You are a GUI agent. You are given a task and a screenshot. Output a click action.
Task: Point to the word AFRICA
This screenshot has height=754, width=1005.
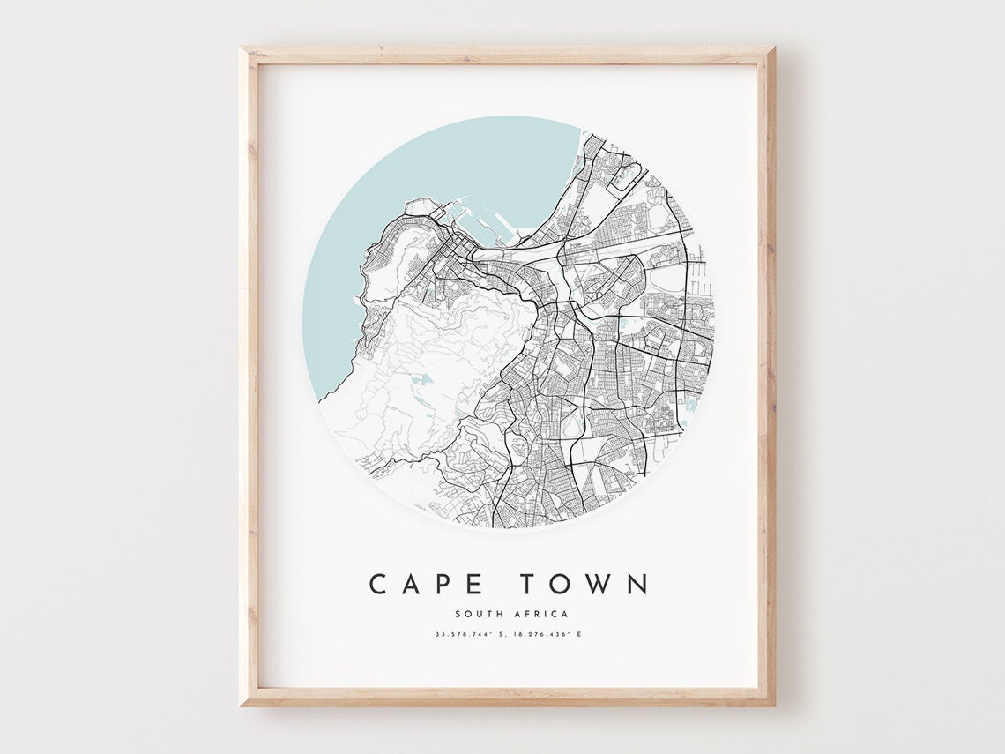click(x=541, y=614)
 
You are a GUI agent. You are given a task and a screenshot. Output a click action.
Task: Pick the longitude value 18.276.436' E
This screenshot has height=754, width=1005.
click(x=544, y=634)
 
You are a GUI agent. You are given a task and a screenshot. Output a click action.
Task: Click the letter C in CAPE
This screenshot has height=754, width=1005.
click(x=379, y=584)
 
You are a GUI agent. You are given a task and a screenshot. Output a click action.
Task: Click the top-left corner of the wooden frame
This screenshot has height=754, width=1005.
click(x=242, y=49)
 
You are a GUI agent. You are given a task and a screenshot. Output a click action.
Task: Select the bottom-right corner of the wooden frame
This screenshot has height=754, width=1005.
click(x=773, y=705)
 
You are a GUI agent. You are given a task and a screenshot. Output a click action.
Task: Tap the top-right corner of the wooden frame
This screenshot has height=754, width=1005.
click(x=773, y=49)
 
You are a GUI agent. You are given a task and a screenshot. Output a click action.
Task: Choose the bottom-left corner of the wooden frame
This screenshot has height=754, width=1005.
click(x=242, y=705)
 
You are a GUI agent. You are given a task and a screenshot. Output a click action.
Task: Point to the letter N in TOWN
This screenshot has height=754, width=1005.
click(x=638, y=584)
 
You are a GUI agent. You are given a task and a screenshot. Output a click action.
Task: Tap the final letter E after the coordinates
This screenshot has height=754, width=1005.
click(x=579, y=634)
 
